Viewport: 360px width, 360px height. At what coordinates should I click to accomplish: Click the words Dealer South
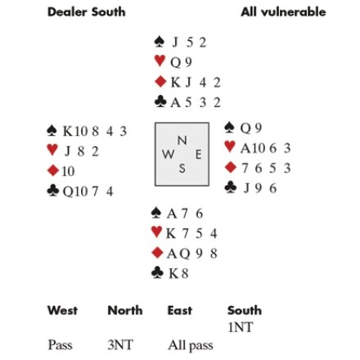coord(87,12)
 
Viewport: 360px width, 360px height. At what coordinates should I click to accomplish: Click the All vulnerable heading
coord(283,12)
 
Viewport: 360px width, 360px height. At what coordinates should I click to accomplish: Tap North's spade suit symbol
coord(160,42)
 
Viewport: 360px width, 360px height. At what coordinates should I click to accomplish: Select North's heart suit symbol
coord(160,61)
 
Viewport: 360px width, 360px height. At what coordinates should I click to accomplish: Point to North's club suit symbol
coord(160,102)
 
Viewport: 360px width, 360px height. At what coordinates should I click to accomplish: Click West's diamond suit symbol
coord(53,171)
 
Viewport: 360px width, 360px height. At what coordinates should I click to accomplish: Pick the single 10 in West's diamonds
coord(68,171)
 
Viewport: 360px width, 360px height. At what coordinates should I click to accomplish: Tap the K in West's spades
coord(68,131)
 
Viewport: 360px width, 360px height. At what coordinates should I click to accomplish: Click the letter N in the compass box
coord(182,141)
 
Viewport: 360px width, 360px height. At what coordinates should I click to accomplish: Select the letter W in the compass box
coord(168,155)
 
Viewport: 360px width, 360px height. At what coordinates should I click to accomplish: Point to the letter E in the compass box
coord(198,155)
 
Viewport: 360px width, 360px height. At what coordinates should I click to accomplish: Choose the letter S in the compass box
coord(182,169)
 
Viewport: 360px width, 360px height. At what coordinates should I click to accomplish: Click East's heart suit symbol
coord(230,146)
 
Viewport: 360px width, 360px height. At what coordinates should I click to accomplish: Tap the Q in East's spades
coord(245,128)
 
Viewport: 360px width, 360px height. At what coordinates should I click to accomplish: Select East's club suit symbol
coord(231,187)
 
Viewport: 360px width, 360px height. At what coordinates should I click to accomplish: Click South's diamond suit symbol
coord(157,253)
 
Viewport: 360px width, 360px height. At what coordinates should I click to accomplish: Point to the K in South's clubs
coord(173,273)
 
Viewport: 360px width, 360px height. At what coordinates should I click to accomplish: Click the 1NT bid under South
coord(241,327)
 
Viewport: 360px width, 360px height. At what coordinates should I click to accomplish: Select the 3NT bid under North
coord(120,345)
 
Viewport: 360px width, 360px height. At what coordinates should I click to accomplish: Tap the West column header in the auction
coord(62,310)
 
